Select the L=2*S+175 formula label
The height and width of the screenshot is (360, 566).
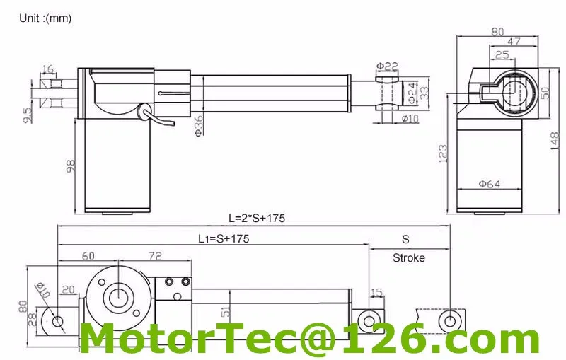[255, 218]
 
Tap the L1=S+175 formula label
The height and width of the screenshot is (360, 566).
[223, 239]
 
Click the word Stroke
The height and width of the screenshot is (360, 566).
[409, 258]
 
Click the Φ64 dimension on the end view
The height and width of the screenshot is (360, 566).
[489, 184]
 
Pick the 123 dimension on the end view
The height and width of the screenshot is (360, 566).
[444, 153]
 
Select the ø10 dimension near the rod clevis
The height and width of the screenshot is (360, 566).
[410, 119]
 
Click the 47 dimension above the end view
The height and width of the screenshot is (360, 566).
[514, 42]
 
